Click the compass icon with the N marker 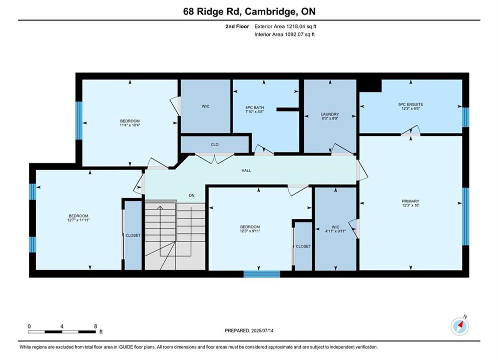click(459, 325)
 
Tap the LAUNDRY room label click(330, 114)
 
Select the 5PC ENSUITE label click(410, 104)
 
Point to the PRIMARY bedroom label click(410, 201)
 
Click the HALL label click(246, 170)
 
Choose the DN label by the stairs click(192, 195)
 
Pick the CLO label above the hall click(215, 144)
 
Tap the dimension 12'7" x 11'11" click(79, 220)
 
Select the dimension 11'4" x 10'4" click(130, 125)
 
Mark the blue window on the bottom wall click(262, 274)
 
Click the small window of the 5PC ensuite click(465, 117)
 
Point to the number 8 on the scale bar click(95, 326)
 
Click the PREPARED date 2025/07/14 click(262, 330)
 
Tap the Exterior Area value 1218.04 click(295, 26)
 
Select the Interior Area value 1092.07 click(294, 34)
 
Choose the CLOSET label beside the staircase click(133, 235)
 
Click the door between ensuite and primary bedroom click(410, 131)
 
